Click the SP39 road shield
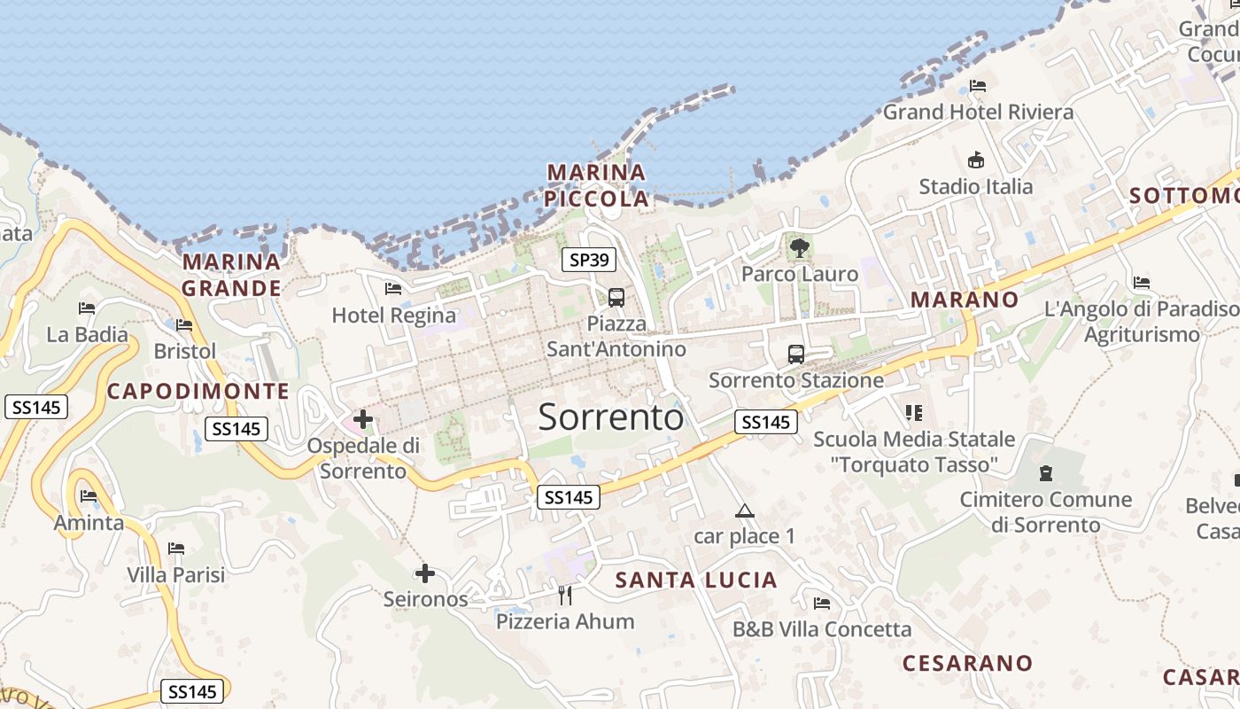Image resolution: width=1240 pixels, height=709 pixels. coord(589,260)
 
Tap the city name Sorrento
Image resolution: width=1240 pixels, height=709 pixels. coord(611,417)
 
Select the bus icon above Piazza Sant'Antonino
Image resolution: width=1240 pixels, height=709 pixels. coord(616,298)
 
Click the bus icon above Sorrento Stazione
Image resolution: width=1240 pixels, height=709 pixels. coord(796,354)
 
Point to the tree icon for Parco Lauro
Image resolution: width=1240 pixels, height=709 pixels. coord(800,247)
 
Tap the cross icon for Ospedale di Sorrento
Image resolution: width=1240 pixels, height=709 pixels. coord(363,418)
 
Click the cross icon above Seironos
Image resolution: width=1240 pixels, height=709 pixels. coord(425,573)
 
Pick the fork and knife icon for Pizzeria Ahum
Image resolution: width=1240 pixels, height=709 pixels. coord(565,595)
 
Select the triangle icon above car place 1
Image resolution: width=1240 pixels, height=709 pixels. coord(744,510)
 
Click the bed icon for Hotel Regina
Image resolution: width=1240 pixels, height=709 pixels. coord(393,289)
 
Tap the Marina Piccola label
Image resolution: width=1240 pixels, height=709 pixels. coord(597,185)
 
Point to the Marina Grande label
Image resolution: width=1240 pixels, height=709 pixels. coord(232,275)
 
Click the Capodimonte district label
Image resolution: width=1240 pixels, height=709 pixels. coord(198,391)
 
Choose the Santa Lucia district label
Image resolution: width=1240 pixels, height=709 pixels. coord(696,580)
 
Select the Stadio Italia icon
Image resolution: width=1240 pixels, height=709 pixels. coord(976,160)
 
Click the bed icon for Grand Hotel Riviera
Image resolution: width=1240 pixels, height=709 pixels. coord(978,86)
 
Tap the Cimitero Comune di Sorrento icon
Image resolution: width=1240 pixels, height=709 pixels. coord(1046,472)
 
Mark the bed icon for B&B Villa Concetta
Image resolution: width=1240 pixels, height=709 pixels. coord(822,604)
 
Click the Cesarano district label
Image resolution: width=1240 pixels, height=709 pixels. coord(967,663)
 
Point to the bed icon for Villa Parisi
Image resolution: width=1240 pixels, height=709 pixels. coord(176,549)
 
